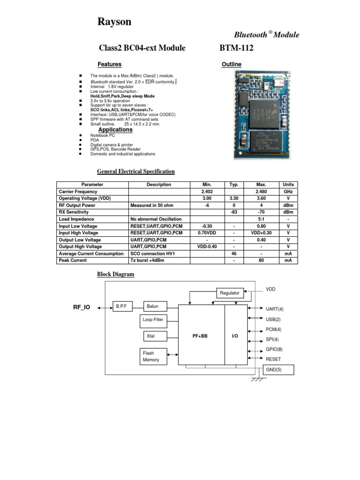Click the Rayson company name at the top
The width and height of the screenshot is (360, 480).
click(x=114, y=22)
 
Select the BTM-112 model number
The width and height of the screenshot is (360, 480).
click(x=236, y=48)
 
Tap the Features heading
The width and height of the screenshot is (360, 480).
click(x=109, y=64)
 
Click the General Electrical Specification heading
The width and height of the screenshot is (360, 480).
click(x=135, y=172)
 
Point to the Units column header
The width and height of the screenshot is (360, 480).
click(x=287, y=185)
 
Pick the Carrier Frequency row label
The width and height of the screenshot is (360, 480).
click(x=78, y=192)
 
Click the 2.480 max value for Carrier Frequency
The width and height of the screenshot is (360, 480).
click(x=262, y=192)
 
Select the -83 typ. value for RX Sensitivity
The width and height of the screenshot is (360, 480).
click(x=233, y=212)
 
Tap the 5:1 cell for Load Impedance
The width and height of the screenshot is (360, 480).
click(x=262, y=219)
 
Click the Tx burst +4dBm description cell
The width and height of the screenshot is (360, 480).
click(x=149, y=260)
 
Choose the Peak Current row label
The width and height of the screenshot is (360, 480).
click(x=73, y=260)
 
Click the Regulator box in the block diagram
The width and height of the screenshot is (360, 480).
click(x=230, y=293)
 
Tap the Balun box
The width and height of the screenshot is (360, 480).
click(x=155, y=307)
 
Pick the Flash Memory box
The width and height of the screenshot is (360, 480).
click(x=152, y=356)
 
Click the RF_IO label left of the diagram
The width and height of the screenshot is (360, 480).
click(x=81, y=307)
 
